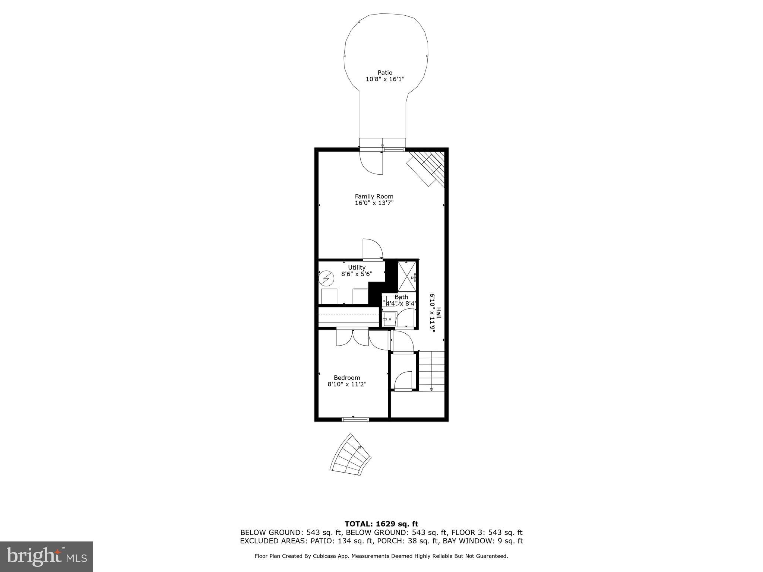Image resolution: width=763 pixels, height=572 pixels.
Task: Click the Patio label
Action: point(385,73)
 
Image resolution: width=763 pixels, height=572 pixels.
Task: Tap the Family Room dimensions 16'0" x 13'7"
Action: point(374,203)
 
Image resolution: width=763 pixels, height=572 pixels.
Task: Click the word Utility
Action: point(357,267)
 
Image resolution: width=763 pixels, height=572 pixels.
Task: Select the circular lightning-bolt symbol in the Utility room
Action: point(326,278)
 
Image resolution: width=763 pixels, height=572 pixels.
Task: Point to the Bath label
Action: point(401,297)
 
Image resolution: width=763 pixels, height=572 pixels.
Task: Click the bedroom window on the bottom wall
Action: point(355,419)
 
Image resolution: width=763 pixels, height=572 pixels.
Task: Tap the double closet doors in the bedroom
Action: point(352,338)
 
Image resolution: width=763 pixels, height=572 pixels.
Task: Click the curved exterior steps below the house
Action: point(351,455)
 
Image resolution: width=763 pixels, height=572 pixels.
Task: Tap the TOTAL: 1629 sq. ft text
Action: point(381,524)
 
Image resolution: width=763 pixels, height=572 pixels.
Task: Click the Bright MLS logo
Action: point(46,556)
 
